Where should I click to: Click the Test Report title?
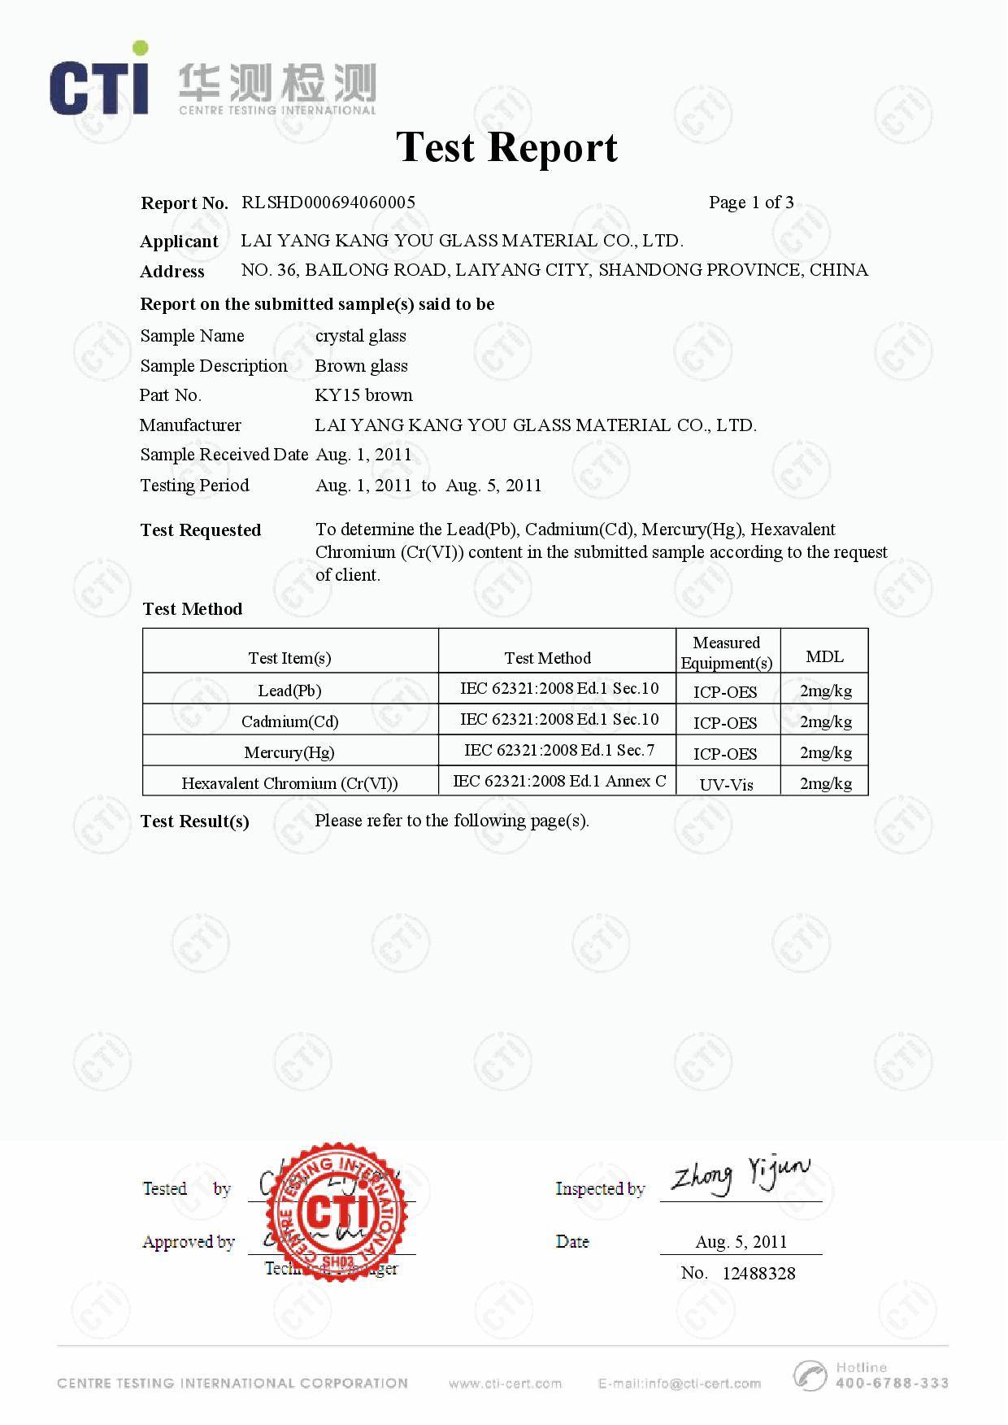(x=506, y=148)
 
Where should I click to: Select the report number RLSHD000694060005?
(x=328, y=203)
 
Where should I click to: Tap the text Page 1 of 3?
(x=750, y=203)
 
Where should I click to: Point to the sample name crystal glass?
(x=360, y=336)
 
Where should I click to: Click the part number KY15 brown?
(x=363, y=395)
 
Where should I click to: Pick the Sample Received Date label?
(x=224, y=455)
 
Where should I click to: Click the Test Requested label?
(x=200, y=530)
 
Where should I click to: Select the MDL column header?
(x=824, y=656)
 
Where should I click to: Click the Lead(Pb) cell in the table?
(x=289, y=691)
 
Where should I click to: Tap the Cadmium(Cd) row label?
(x=289, y=721)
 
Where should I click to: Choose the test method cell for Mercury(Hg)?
(x=558, y=750)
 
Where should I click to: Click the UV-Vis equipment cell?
(x=726, y=784)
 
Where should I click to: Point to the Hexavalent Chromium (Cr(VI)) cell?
(x=289, y=783)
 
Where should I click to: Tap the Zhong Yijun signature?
(x=740, y=1176)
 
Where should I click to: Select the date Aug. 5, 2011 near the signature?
(x=741, y=1241)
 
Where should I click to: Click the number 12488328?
(x=758, y=1273)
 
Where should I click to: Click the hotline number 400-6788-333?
(x=891, y=1383)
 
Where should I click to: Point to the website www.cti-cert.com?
(x=505, y=1384)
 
